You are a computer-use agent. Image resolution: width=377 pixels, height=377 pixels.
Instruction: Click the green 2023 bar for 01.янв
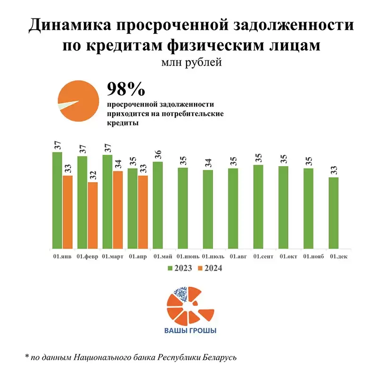pos(57,201)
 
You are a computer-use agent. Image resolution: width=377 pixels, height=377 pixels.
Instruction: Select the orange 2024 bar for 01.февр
pos(93,215)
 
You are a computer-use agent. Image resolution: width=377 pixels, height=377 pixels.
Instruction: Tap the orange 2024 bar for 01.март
pos(118,210)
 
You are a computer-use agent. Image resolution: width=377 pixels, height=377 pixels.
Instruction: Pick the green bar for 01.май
pos(158,205)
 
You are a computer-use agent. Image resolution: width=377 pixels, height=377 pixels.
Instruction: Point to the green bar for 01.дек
pos(333,213)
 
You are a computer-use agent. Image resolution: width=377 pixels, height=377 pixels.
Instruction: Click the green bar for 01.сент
pos(258,207)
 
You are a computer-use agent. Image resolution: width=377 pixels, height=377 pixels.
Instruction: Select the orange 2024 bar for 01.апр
pos(143,212)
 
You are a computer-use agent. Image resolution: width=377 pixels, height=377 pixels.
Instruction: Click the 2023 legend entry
pos(180,268)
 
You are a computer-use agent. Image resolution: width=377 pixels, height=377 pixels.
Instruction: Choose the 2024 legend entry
pos(210,268)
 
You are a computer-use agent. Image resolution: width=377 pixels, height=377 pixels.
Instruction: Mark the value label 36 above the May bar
pos(158,155)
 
